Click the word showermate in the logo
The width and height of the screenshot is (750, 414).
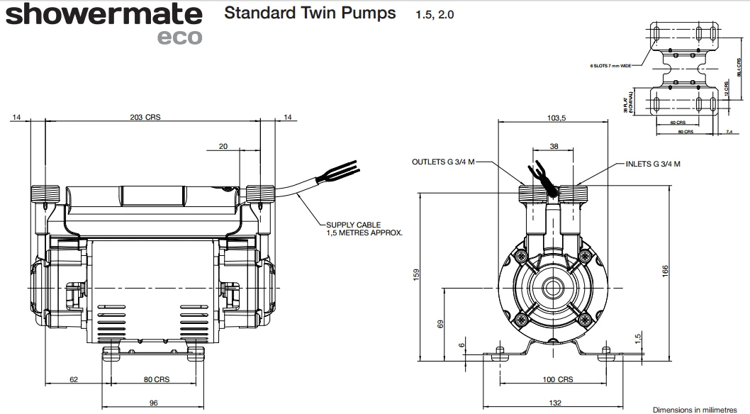point(103,14)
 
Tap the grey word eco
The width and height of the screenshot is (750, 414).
point(179,37)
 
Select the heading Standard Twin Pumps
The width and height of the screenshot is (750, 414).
point(310,13)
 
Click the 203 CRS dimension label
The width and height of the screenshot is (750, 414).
point(146,118)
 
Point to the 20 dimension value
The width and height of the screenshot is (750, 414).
point(224,147)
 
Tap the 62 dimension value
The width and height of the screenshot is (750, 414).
point(74,379)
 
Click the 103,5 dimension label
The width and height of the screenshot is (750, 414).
point(555,118)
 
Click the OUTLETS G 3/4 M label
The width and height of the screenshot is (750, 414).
point(441,162)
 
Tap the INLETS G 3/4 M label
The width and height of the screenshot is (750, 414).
point(653,164)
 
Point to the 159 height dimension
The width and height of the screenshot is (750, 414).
point(417,274)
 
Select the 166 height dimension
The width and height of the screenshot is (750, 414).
point(665,272)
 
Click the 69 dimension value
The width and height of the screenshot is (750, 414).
point(440,323)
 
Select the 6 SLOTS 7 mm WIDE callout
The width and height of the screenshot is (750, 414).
point(610,65)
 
